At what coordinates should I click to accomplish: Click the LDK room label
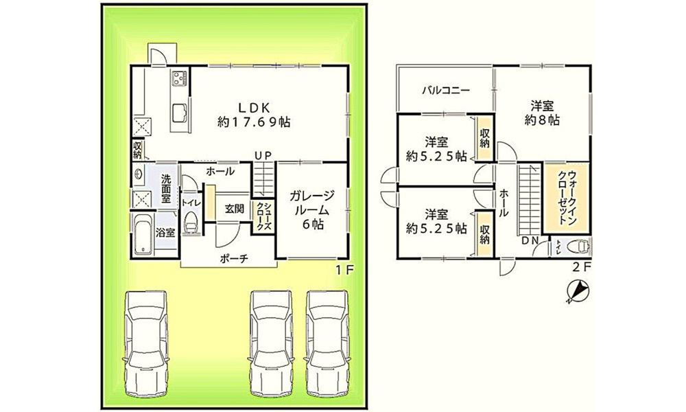254,108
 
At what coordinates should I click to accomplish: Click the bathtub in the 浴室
143,235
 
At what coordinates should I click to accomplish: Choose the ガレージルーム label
312,203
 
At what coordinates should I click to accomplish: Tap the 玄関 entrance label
234,209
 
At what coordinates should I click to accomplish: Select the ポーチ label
234,259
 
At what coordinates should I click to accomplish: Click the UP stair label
264,155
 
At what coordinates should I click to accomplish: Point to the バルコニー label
446,91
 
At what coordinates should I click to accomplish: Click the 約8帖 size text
543,119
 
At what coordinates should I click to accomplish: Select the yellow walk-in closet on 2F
567,198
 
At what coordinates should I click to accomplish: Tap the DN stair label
530,240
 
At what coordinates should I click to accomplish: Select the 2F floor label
582,266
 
